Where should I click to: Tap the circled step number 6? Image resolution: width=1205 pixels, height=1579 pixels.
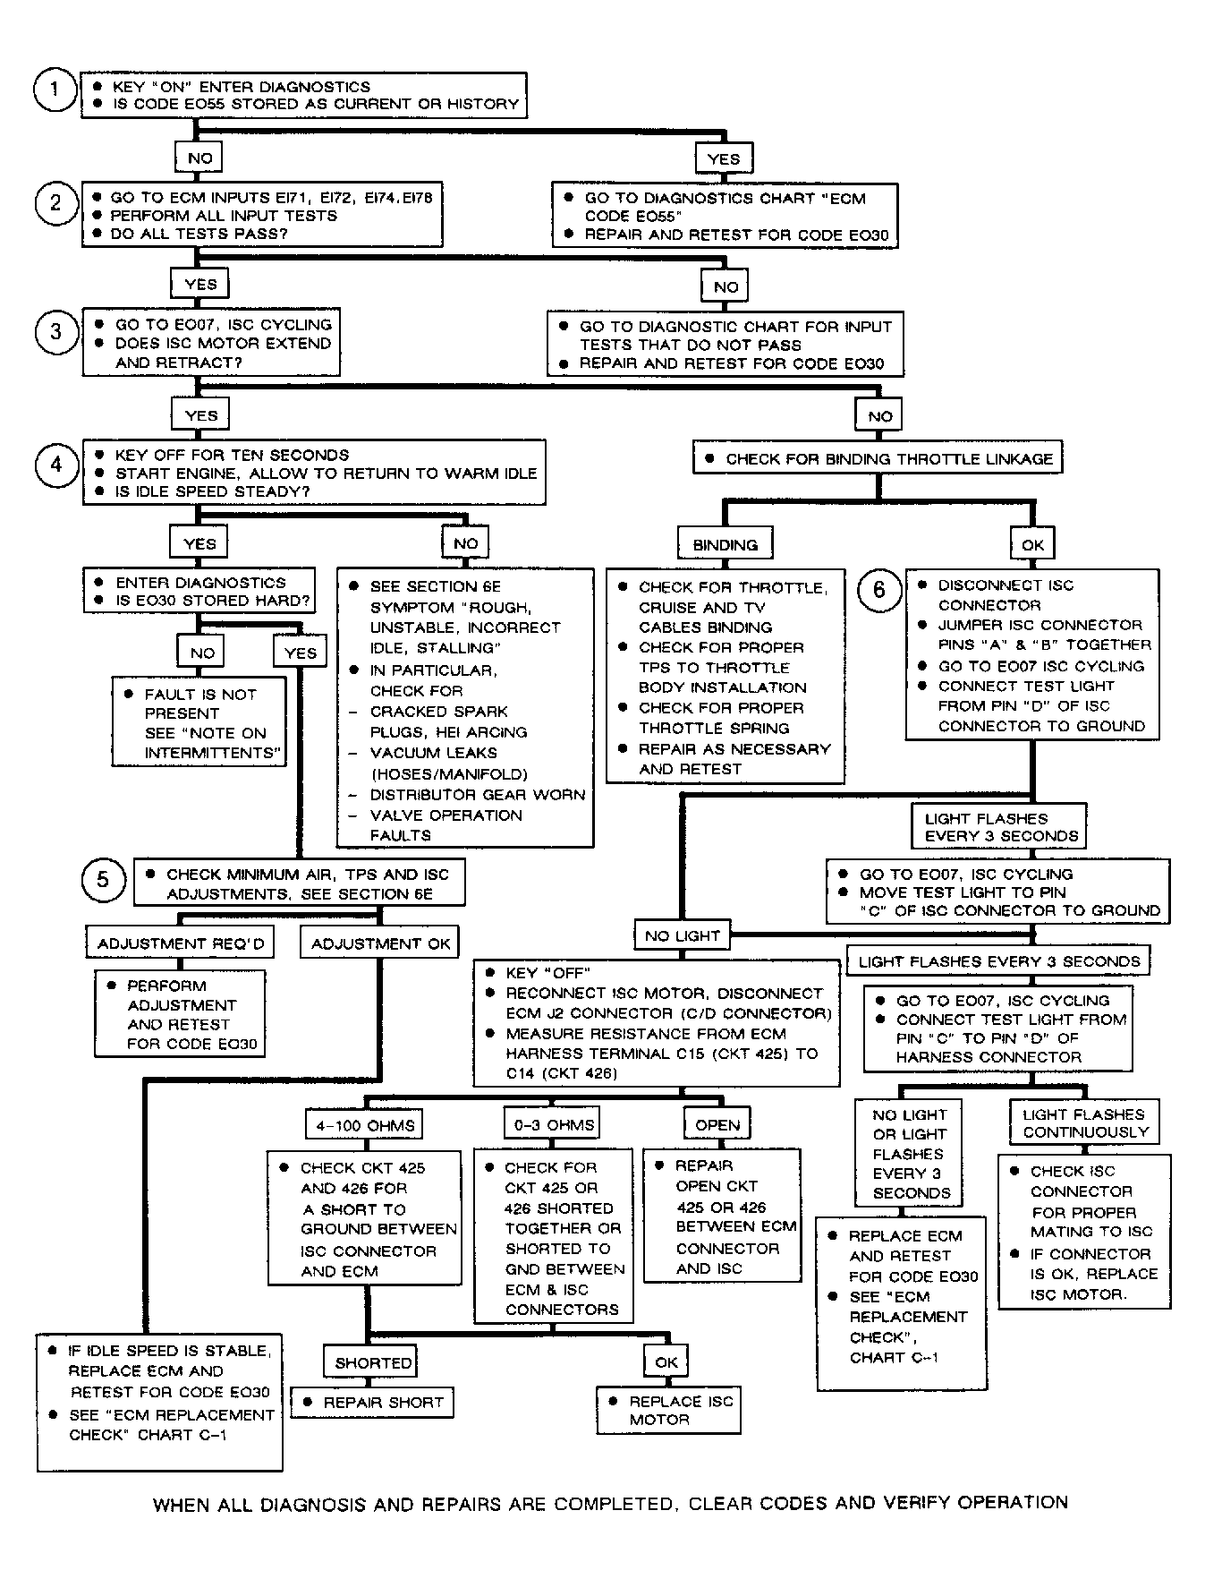click(878, 590)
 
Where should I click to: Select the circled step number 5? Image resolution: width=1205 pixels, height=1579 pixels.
click(103, 880)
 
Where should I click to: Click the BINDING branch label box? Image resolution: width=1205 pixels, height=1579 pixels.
click(725, 544)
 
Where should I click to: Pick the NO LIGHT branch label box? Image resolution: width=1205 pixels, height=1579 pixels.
click(682, 935)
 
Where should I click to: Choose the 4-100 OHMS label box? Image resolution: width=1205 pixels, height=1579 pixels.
click(365, 1125)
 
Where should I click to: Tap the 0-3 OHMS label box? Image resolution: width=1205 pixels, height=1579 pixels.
click(554, 1124)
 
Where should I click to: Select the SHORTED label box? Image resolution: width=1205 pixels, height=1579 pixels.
click(373, 1362)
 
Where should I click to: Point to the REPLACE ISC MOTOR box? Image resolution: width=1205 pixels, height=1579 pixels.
click(669, 1410)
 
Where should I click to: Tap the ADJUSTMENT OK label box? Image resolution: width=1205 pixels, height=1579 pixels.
click(380, 943)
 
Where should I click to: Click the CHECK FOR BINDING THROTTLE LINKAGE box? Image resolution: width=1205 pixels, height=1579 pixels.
click(878, 458)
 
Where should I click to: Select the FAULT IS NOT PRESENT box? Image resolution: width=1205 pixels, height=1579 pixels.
click(199, 722)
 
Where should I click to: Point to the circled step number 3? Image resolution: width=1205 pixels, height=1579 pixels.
click(55, 332)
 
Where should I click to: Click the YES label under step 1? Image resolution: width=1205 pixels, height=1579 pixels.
click(724, 159)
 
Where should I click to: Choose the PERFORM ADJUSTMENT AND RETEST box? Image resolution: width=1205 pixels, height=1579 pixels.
click(181, 1014)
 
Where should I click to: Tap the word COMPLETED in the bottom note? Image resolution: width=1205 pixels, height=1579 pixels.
click(606, 1504)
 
